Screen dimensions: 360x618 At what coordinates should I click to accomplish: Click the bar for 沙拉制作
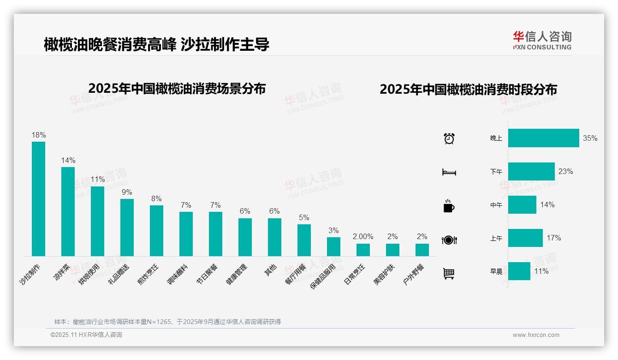click(38, 198)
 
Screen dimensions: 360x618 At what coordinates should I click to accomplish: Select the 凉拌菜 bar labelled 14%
click(68, 211)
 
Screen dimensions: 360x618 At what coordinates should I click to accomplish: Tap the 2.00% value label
click(363, 236)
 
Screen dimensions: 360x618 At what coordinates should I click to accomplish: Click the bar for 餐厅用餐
click(304, 240)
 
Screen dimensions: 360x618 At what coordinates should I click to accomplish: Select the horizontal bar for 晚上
click(543, 138)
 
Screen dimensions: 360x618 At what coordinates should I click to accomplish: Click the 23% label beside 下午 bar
click(565, 171)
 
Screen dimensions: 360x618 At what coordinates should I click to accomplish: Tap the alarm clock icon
click(449, 138)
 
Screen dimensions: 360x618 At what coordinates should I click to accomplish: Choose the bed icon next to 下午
click(449, 172)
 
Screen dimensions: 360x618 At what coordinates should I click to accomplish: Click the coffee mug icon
click(449, 206)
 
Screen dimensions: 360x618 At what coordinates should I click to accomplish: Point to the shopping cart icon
click(449, 273)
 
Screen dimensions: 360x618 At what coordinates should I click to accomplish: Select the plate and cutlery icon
click(449, 240)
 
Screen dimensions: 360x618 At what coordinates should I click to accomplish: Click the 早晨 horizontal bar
click(519, 271)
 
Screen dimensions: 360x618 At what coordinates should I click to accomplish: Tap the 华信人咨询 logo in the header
click(542, 40)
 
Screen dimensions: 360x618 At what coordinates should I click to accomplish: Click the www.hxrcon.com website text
click(536, 335)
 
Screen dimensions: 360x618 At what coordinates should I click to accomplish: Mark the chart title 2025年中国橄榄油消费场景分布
click(177, 88)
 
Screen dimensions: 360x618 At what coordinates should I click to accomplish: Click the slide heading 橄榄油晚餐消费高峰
click(110, 44)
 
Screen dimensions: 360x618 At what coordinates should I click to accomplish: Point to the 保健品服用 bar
click(333, 246)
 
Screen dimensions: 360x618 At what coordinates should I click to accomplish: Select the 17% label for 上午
click(553, 238)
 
